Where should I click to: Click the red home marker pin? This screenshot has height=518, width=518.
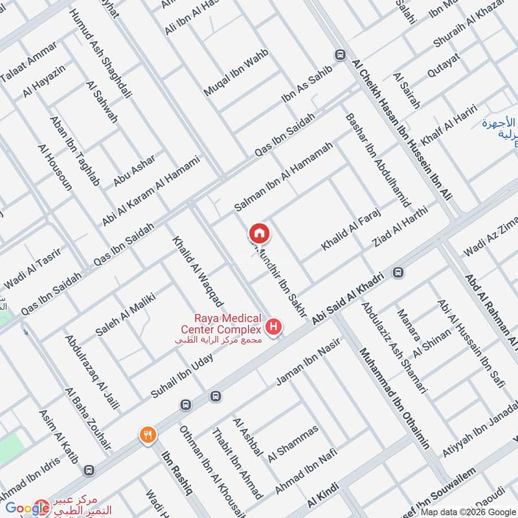point(259,232)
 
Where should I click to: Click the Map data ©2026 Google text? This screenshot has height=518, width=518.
point(471,512)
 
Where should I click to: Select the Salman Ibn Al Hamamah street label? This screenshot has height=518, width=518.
point(284,177)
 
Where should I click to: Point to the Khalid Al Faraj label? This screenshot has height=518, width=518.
point(350,230)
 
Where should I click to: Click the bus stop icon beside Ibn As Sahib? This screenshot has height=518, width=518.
point(339,56)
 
